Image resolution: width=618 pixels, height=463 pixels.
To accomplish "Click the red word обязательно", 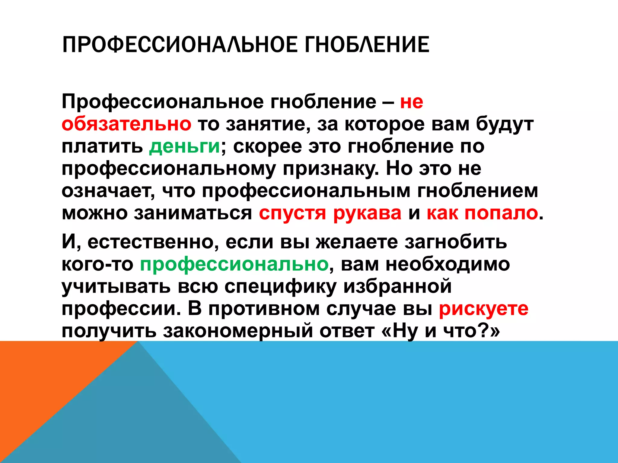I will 126,124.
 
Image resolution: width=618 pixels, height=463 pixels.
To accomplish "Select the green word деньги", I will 184,146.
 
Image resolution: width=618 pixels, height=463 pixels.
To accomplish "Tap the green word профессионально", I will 234,264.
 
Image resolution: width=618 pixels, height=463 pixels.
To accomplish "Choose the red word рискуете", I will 483,309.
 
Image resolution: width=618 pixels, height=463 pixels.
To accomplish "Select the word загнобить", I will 456,242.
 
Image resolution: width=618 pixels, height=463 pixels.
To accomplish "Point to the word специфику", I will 280,286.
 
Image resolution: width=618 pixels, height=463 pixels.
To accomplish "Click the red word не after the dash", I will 412,102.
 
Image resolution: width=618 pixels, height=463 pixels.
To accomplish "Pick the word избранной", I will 397,286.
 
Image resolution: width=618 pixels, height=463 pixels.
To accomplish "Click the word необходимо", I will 448,264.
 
